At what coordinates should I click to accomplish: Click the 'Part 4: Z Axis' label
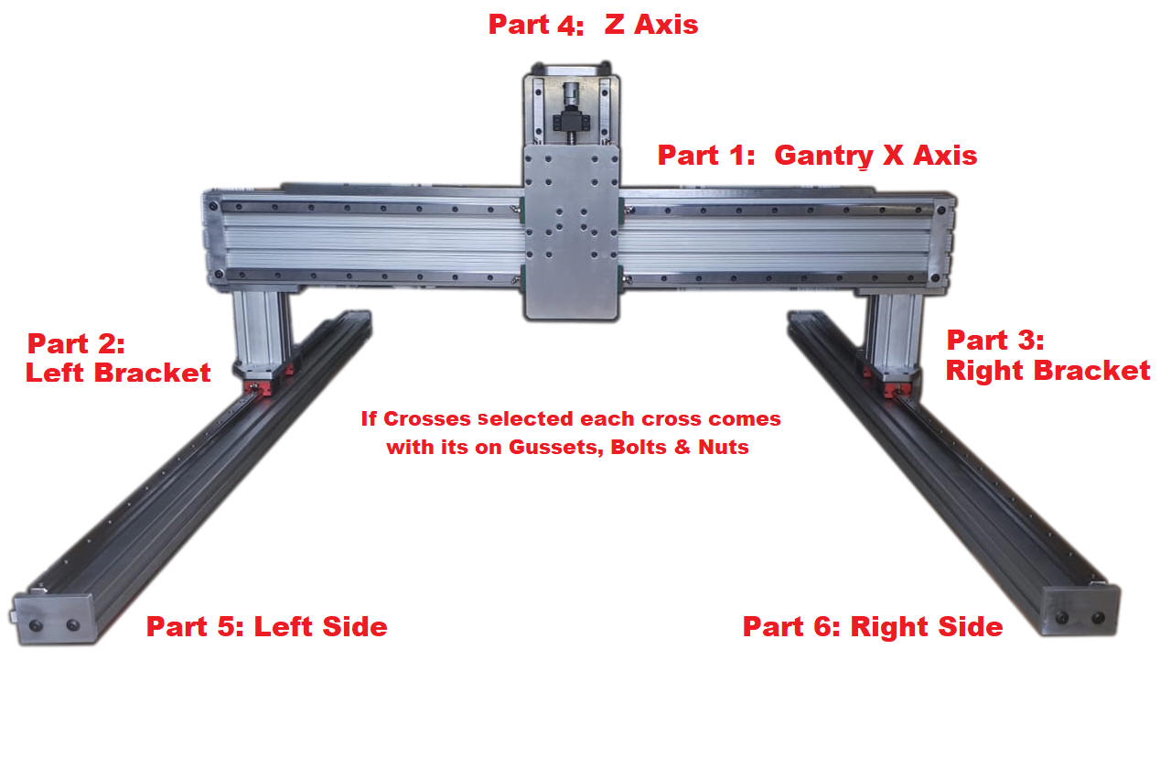[593, 25]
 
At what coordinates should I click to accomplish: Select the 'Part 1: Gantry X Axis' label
[817, 155]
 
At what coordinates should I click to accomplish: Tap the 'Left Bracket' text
[118, 373]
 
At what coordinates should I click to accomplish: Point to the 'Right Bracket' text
[1047, 370]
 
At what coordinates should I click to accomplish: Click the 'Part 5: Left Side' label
[266, 627]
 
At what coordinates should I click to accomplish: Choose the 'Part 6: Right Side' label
[872, 627]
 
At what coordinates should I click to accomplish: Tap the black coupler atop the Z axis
[569, 118]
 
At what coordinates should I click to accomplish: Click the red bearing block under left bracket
[266, 387]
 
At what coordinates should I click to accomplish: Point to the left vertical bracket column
[263, 330]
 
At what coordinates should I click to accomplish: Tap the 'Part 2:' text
[75, 344]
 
